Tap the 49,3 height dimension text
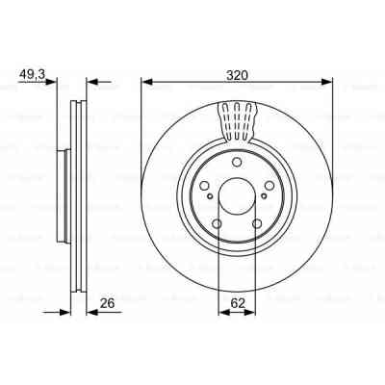34,71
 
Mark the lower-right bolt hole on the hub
258,226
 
